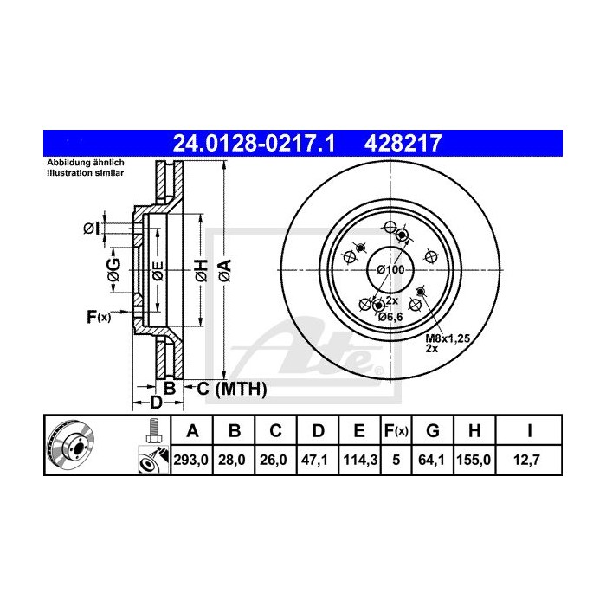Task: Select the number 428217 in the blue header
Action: [406, 142]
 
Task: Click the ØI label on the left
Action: [91, 229]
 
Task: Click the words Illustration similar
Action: [85, 174]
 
